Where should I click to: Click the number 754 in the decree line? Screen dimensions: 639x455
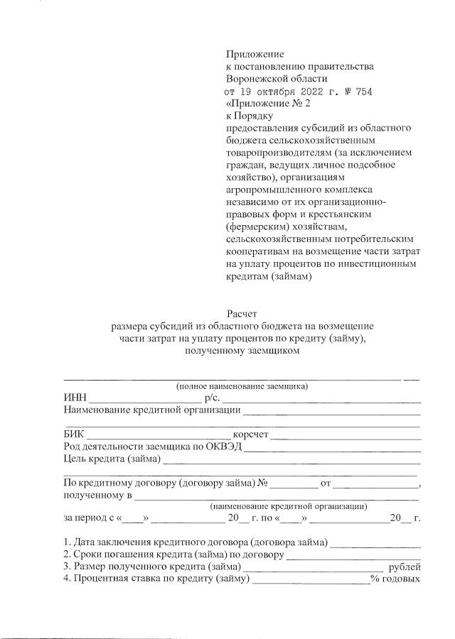(363, 92)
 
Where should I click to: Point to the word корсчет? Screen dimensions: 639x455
(250, 435)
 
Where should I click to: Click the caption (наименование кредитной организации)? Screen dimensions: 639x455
(288, 507)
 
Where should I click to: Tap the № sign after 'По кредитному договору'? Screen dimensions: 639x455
(262, 484)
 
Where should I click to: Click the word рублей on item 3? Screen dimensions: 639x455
(405, 567)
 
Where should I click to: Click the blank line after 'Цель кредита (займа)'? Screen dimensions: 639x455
(291, 461)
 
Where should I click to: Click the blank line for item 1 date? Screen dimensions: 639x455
(375, 545)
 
